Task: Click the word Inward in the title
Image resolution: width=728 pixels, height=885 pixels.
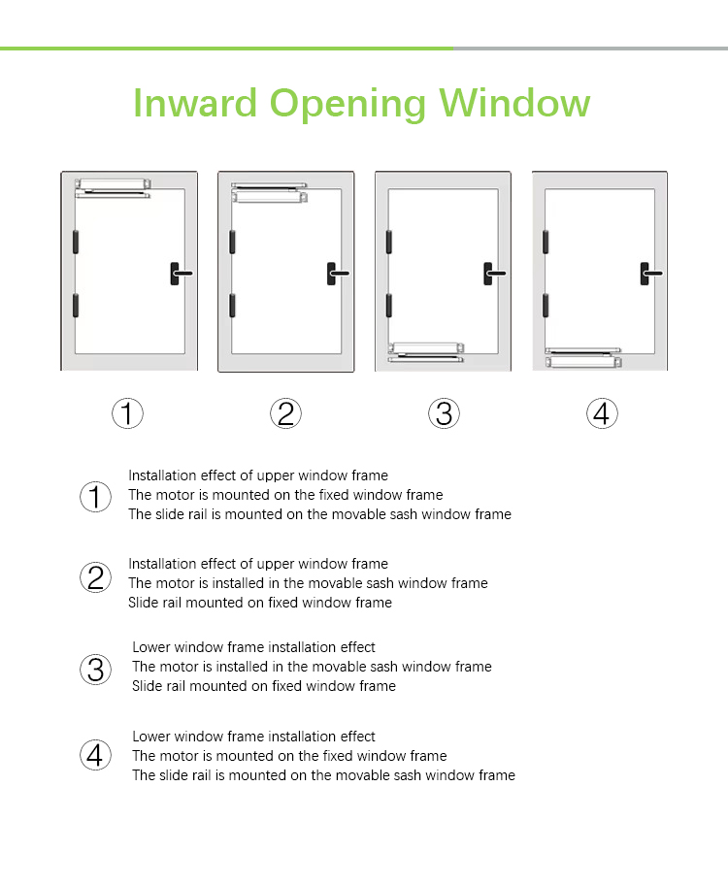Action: point(195,103)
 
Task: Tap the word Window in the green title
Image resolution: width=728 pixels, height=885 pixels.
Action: point(514,103)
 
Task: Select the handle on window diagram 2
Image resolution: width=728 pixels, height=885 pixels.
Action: point(338,274)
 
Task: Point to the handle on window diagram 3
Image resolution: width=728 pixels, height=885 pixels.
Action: point(494,274)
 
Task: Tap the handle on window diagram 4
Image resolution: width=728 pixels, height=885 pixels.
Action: point(651,274)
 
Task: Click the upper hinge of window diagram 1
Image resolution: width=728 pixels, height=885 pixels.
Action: point(75,242)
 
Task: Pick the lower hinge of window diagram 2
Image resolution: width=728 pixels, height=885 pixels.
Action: point(232,306)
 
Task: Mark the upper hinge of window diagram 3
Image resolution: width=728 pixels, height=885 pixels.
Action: point(388,242)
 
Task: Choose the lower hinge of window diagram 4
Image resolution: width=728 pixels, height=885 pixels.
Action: point(546,306)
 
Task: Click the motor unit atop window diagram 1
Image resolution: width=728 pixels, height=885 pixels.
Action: point(113,188)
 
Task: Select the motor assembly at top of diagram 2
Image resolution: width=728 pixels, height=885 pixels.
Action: point(270,192)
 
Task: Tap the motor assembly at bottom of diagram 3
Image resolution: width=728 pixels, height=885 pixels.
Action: point(426,352)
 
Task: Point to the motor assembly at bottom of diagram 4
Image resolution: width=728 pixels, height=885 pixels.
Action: point(583,358)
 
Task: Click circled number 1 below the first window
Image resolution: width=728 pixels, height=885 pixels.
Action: point(127,413)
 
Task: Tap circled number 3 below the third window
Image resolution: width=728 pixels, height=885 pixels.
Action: point(444,413)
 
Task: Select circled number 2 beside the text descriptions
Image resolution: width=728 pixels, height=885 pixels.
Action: point(95,577)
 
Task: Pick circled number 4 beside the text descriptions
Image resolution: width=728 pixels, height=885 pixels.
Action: point(95,755)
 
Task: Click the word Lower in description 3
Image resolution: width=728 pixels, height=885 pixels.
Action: point(150,647)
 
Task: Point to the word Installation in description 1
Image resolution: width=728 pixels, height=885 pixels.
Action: point(162,475)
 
